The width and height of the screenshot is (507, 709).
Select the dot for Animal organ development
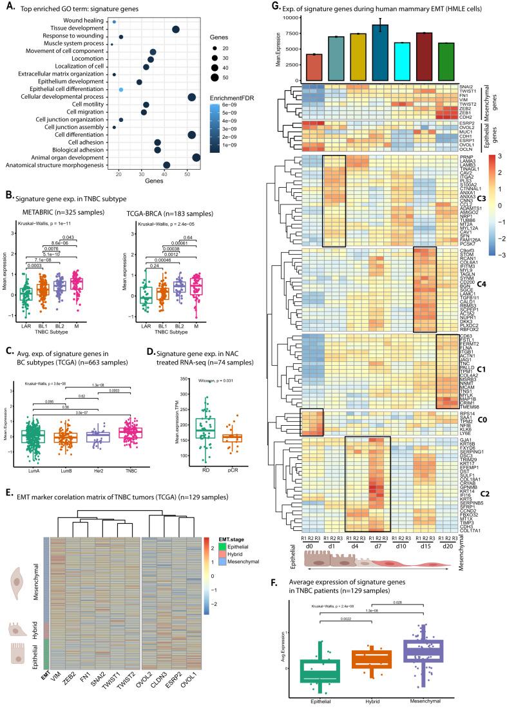196,157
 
